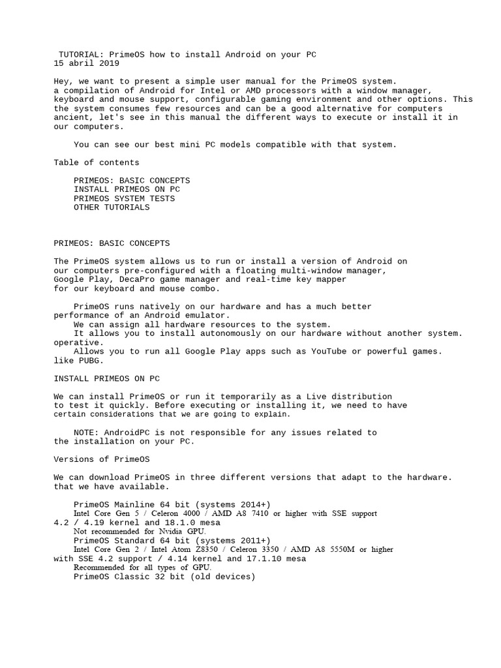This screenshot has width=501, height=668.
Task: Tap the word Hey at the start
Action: click(x=61, y=82)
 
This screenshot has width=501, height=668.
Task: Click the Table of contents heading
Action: click(x=97, y=162)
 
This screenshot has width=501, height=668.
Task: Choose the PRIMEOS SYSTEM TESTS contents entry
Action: click(x=124, y=198)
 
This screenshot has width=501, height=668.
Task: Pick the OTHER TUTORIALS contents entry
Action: click(x=112, y=207)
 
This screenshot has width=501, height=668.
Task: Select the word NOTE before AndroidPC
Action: click(x=84, y=433)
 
